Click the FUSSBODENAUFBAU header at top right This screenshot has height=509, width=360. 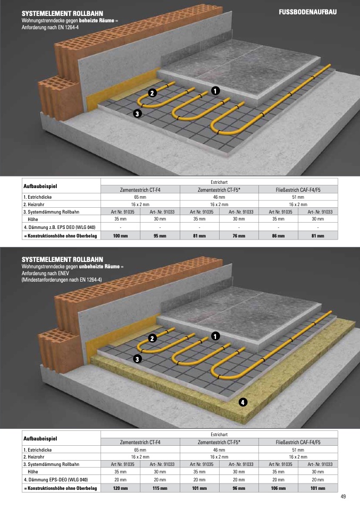tap(308, 12)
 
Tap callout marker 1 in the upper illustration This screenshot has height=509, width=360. tap(215, 90)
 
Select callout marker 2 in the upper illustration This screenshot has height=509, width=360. tap(153, 93)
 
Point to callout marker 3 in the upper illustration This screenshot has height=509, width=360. tap(137, 114)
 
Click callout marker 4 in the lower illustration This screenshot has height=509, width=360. tap(242, 402)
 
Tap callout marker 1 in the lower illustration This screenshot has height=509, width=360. tap(215, 336)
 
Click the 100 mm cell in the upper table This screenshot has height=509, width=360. tap(120, 236)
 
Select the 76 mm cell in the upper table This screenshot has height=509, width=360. tap(239, 236)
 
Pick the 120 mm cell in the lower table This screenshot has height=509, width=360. tap(120, 488)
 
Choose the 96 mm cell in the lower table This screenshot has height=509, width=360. tap(239, 488)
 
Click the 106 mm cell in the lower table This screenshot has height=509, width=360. tap(279, 488)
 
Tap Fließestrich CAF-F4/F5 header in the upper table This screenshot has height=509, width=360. tap(298, 190)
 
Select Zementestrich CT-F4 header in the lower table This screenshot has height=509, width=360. tap(140, 442)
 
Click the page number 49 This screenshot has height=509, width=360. tap(343, 497)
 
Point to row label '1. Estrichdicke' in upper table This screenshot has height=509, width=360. tap(37, 197)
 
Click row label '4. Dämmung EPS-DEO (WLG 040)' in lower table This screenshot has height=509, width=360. tap(55, 480)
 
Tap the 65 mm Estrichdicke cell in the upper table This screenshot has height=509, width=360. tap(140, 197)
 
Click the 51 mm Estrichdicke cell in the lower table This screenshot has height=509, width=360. tap(298, 450)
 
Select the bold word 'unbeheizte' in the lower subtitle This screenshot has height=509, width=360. tap(99, 267)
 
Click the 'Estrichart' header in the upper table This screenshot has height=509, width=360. tap(219, 182)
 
